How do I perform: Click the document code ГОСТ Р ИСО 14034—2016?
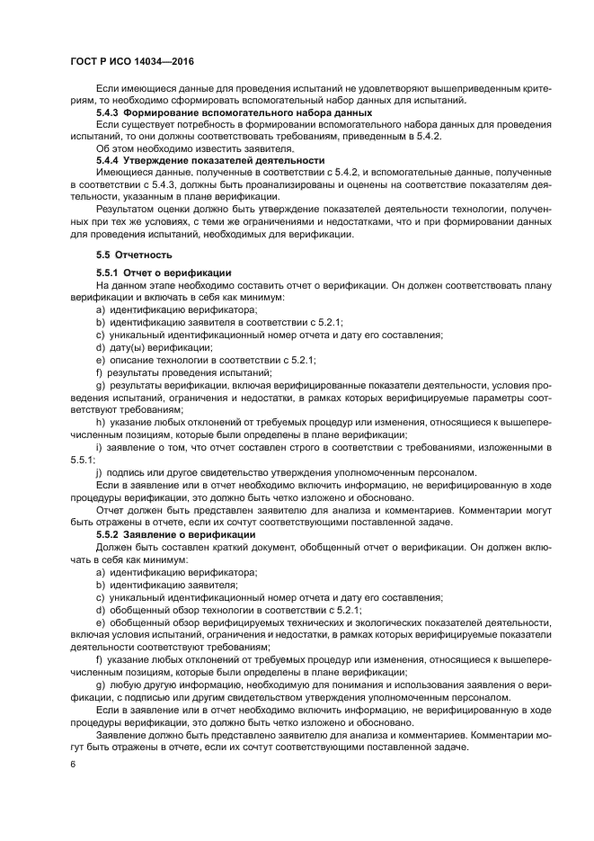pyautogui.click(x=133, y=61)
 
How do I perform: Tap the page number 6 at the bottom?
pyautogui.click(x=73, y=764)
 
